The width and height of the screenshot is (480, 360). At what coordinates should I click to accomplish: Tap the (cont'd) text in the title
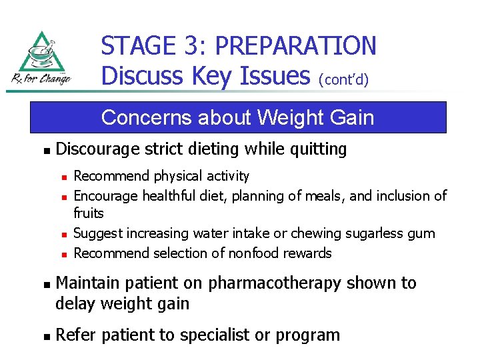click(345, 79)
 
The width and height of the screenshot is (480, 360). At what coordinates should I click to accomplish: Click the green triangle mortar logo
click(42, 53)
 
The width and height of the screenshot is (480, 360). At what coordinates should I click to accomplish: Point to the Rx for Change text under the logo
click(41, 79)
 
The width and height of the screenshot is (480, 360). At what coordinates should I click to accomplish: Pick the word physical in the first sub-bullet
click(177, 177)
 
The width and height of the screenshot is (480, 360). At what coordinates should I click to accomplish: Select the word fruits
click(89, 213)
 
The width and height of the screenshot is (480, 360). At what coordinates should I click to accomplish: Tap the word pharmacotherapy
click(273, 283)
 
